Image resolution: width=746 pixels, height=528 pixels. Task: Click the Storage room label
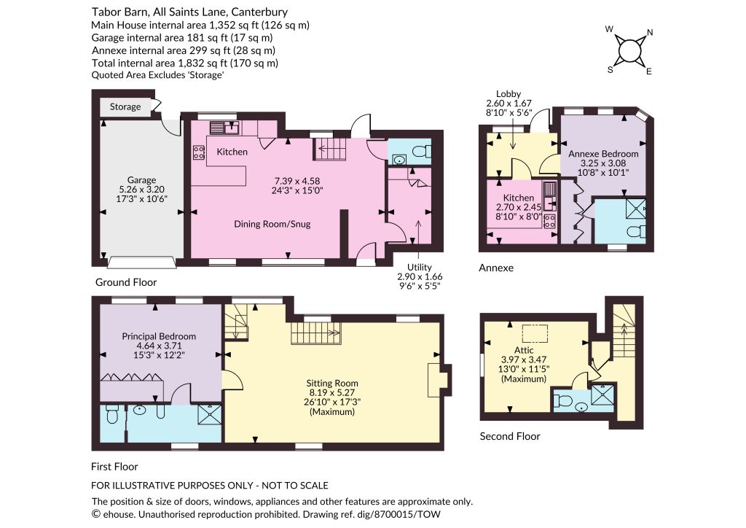tap(125, 106)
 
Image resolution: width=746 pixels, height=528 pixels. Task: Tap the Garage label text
tap(142, 180)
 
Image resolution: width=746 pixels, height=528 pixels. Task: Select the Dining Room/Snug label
tap(272, 224)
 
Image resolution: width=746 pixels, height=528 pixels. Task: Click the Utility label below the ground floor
tap(420, 267)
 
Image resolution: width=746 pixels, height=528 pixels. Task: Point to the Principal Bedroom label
tap(159, 336)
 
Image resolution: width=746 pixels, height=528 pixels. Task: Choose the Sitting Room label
tap(332, 384)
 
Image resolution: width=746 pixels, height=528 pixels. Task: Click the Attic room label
tap(524, 350)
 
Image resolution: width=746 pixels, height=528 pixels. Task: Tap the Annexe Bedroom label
tap(603, 154)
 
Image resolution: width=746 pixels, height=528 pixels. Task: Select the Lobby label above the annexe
tap(509, 94)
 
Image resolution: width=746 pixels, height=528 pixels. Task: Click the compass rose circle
tap(629, 50)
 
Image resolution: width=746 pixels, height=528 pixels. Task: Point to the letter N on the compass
tap(650, 32)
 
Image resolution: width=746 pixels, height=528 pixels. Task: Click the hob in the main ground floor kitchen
tap(199, 152)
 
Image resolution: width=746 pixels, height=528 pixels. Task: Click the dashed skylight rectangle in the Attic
tap(535, 334)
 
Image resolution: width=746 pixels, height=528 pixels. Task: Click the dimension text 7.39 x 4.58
tap(297, 181)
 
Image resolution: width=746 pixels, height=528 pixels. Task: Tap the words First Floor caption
tap(114, 467)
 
